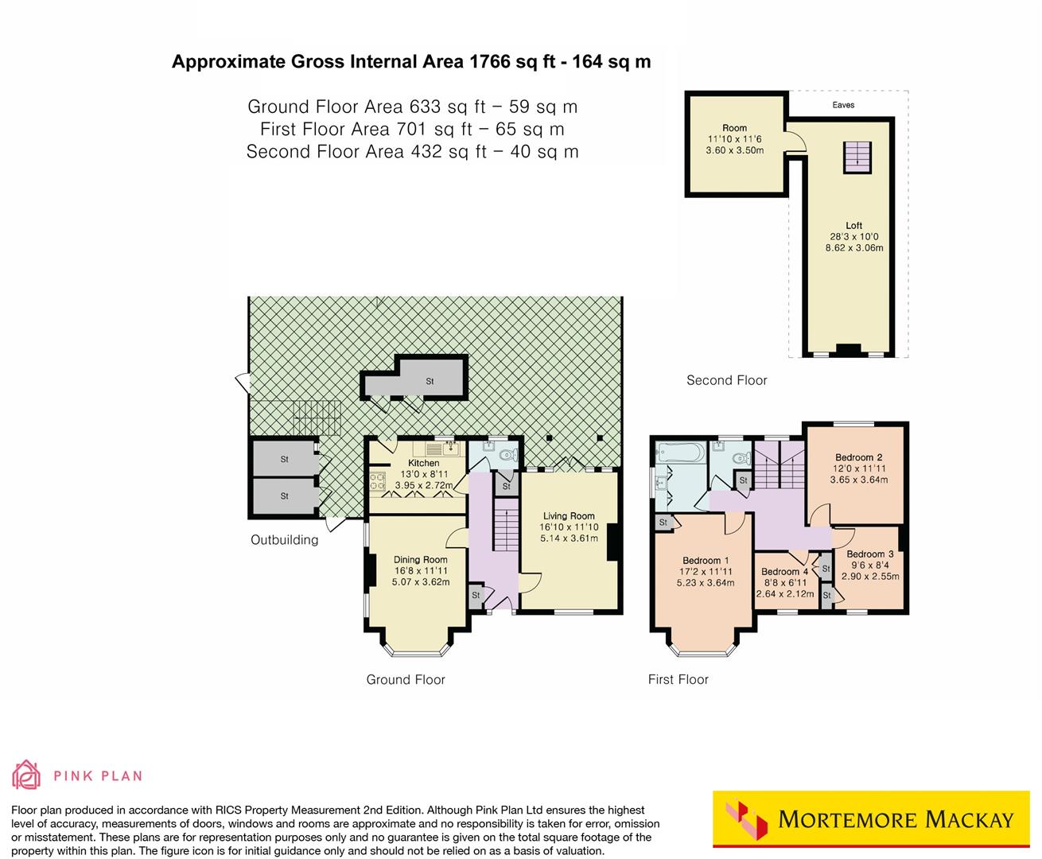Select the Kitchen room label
tap(423, 463)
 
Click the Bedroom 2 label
tap(858, 457)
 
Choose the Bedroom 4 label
tap(784, 571)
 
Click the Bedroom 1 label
tap(701, 560)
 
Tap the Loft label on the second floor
tap(853, 226)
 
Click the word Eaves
tap(843, 105)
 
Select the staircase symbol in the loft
tap(857, 155)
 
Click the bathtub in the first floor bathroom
tap(678, 455)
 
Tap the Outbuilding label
tap(284, 540)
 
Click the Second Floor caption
tap(726, 380)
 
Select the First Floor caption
tap(678, 679)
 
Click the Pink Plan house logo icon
tap(26, 774)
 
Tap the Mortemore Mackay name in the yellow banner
tap(896, 819)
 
